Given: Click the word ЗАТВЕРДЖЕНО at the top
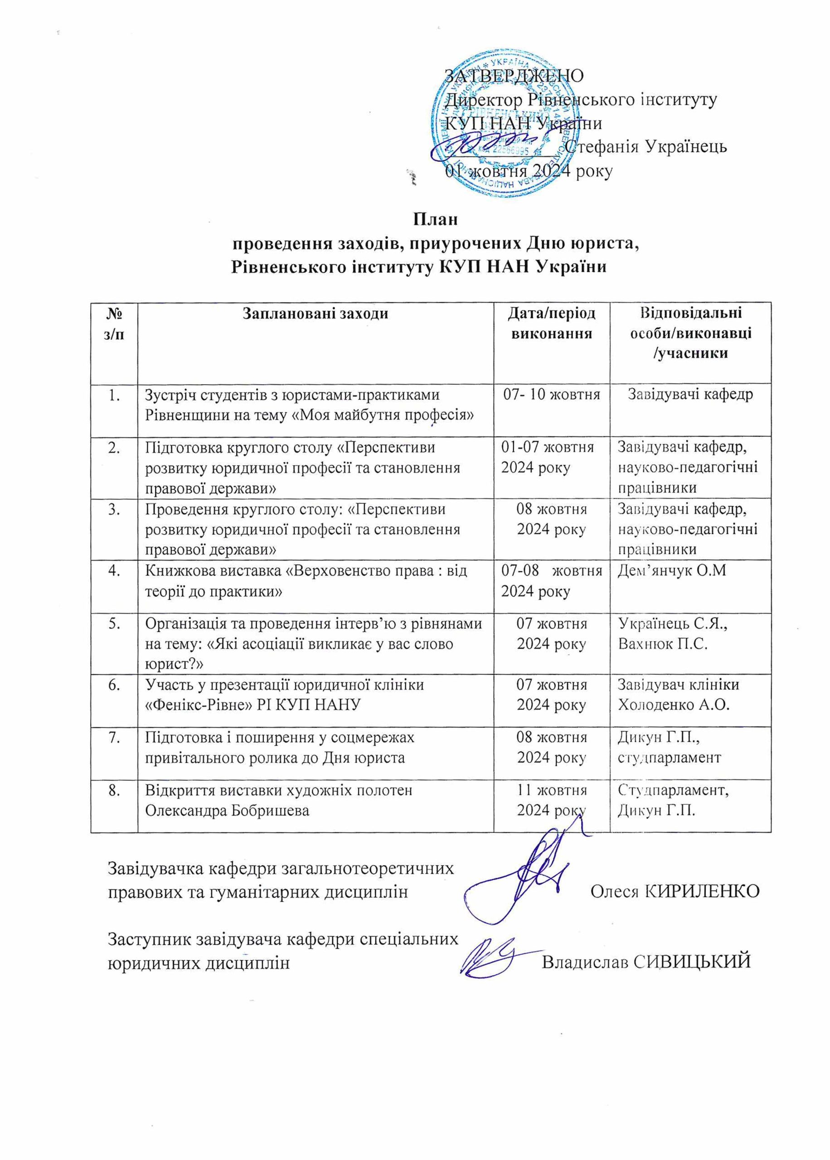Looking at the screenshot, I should pos(515,76).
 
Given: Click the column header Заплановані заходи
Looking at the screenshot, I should pos(315,313).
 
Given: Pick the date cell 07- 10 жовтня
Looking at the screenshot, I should pos(552,395).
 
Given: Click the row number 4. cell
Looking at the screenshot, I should pos(115,570).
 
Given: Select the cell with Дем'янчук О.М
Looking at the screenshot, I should pos(671,571).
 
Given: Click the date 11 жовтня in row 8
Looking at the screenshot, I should pos(552,790).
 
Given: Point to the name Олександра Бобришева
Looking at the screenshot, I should pos(228,811).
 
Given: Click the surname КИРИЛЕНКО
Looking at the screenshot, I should pos(703,891).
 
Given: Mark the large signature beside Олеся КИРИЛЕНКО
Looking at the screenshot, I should pos(521,881).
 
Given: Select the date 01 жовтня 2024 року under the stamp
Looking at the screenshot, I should pos(529,171).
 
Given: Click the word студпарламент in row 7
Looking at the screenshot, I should pos(670,758).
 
